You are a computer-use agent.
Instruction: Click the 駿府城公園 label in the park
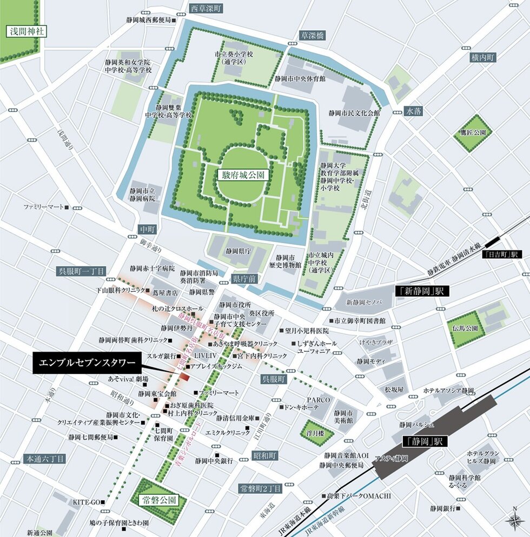coord(243,175)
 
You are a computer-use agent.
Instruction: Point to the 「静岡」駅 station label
coord(426,441)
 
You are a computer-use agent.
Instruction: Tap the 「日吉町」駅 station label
coord(501,254)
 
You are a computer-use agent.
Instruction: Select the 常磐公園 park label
coord(158,500)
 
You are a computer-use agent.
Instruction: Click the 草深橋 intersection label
coord(313,35)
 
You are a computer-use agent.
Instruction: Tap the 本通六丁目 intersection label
coord(44,459)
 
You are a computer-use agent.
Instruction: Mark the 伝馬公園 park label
coord(465,328)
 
